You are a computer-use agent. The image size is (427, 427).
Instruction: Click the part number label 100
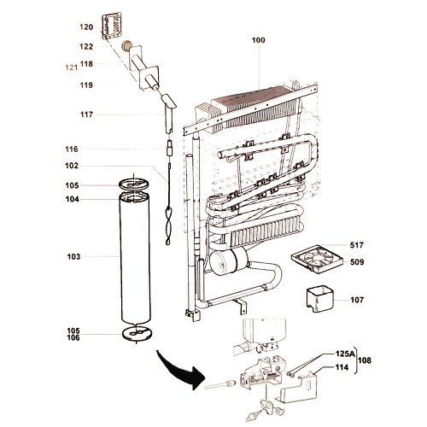pyautogui.click(x=258, y=40)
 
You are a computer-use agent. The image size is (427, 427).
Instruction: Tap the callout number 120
pyautogui.click(x=86, y=27)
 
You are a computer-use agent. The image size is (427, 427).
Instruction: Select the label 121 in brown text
pyautogui.click(x=72, y=67)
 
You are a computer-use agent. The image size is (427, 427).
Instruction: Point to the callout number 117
pyautogui.click(x=86, y=114)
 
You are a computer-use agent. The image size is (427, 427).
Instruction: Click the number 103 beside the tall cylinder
pyautogui.click(x=73, y=257)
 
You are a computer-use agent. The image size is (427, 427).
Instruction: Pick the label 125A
pyautogui.click(x=346, y=354)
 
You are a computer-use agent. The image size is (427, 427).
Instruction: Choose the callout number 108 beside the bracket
pyautogui.click(x=365, y=360)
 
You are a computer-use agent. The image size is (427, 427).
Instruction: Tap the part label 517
pyautogui.click(x=357, y=245)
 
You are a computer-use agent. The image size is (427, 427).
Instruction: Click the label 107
pyautogui.click(x=357, y=300)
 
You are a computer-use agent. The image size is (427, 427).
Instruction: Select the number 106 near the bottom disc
pyautogui.click(x=73, y=337)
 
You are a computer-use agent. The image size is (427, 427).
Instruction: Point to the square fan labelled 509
pyautogui.click(x=317, y=259)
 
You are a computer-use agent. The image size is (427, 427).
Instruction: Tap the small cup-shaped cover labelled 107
pyautogui.click(x=319, y=299)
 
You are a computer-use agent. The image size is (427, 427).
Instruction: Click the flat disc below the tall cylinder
pyautogui.click(x=137, y=333)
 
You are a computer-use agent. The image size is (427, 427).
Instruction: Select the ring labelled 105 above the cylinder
pyautogui.click(x=134, y=184)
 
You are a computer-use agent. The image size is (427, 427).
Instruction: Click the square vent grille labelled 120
pyautogui.click(x=112, y=26)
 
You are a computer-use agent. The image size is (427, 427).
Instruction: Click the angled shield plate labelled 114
pyautogui.click(x=298, y=388)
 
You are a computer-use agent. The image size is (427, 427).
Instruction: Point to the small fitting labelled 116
pyautogui.click(x=170, y=148)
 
